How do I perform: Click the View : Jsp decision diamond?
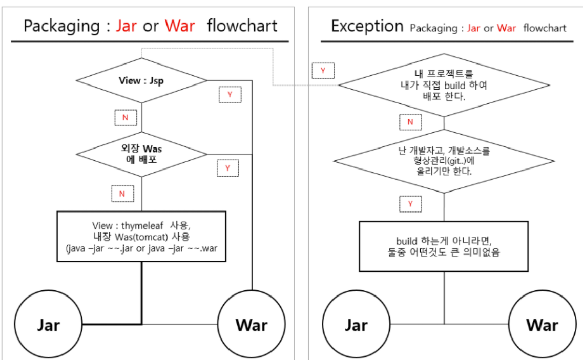tap(141, 81)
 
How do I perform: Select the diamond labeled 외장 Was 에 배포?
tap(141, 154)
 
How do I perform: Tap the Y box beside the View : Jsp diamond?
tap(230, 95)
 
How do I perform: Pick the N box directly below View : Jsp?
tap(126, 118)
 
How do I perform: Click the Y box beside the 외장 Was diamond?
tap(228, 168)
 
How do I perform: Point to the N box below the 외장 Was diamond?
tap(122, 194)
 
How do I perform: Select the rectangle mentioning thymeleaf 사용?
tap(141, 236)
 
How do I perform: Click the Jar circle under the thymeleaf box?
tap(48, 325)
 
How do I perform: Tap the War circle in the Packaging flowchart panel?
tap(252, 325)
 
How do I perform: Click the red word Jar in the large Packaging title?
tap(126, 26)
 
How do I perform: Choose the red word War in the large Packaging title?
tap(180, 26)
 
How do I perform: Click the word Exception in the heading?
tap(367, 26)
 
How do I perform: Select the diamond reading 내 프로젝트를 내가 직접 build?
tap(444, 85)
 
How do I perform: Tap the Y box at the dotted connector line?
tap(323, 71)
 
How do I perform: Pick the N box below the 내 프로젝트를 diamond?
tap(410, 122)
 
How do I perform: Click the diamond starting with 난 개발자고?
tap(444, 161)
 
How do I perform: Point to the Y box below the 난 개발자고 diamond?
tap(410, 203)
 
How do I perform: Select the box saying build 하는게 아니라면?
tap(444, 246)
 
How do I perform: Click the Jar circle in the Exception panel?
tap(356, 325)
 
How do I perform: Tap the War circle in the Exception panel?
tap(542, 325)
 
